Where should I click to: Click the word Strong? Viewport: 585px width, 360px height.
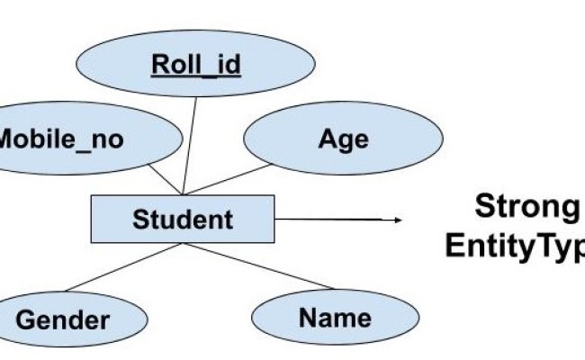tap(526, 207)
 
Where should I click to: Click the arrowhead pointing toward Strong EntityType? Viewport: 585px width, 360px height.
tap(395, 219)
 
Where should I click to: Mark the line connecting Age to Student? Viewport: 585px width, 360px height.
tap(229, 180)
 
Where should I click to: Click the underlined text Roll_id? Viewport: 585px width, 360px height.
tap(195, 65)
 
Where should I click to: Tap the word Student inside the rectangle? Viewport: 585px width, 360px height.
tap(183, 219)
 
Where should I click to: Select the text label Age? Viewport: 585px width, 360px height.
tap(343, 139)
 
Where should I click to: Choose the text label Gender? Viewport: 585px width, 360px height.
tap(63, 319)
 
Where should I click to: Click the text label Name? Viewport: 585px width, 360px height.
tap(335, 317)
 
